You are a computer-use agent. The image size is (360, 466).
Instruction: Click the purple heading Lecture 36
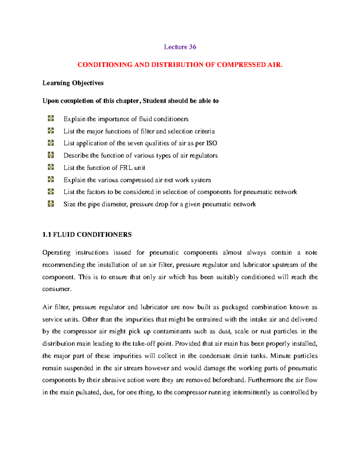pyautogui.click(x=180, y=47)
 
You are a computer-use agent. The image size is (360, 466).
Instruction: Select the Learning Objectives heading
pyautogui.click(x=73, y=83)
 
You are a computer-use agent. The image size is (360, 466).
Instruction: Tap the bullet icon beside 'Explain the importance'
pyautogui.click(x=51, y=119)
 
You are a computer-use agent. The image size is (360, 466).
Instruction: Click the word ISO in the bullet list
pyautogui.click(x=211, y=143)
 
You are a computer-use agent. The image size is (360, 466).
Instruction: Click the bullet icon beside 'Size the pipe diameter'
pyautogui.click(x=51, y=204)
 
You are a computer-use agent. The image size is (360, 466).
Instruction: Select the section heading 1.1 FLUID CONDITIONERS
pyautogui.click(x=87, y=235)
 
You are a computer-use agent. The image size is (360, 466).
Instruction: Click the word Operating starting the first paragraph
pyautogui.click(x=56, y=253)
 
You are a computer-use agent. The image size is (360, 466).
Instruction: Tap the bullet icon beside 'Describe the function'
pyautogui.click(x=51, y=155)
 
